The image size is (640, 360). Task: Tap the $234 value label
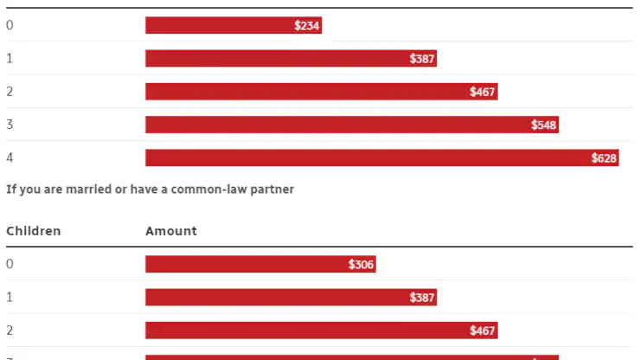tap(307, 26)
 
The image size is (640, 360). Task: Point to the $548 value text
tap(544, 125)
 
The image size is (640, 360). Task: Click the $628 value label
tap(604, 158)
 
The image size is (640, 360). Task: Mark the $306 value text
tap(362, 265)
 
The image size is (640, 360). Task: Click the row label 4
tap(10, 157)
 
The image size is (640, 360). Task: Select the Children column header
tap(33, 231)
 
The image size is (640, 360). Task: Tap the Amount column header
tap(171, 231)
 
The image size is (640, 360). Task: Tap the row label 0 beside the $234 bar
tap(10, 25)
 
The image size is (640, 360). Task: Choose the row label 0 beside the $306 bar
tap(10, 264)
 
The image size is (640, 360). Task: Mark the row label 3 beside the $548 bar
tap(10, 125)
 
